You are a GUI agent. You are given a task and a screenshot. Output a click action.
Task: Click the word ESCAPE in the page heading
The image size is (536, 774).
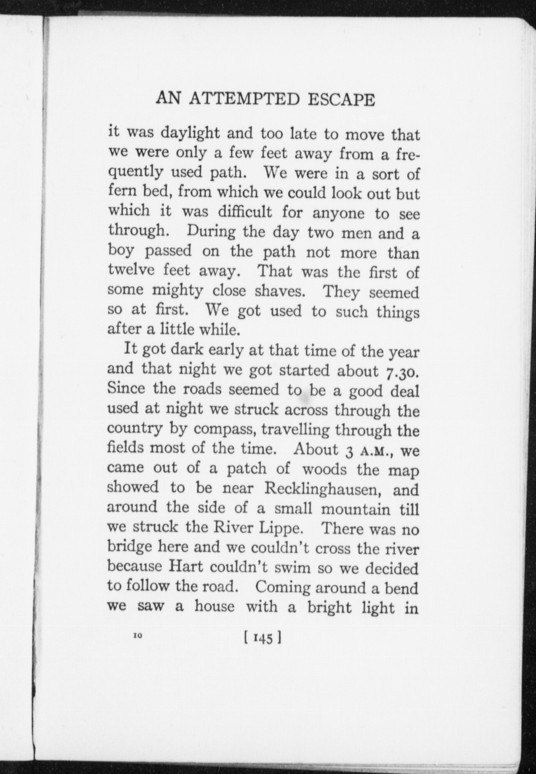(341, 100)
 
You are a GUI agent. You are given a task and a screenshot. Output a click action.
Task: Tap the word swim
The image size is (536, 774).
(294, 568)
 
